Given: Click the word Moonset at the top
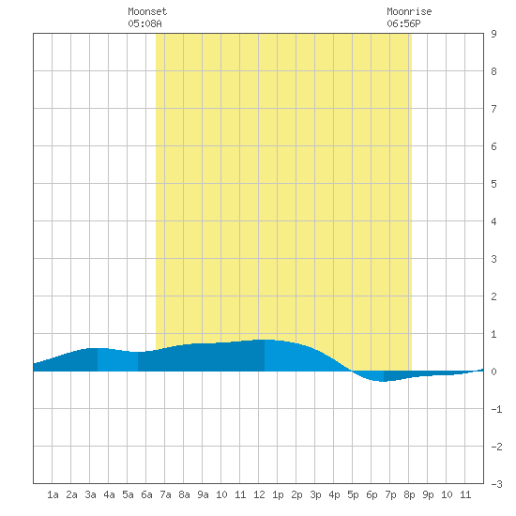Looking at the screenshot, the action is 147,11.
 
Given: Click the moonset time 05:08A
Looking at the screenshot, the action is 144,23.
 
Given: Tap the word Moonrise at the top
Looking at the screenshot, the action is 409,11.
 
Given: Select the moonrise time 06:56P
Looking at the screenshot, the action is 403,23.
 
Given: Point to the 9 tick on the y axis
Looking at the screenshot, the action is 493,34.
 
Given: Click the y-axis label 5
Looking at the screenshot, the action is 493,184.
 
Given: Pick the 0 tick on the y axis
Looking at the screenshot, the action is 493,372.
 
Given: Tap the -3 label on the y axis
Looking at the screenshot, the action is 496,484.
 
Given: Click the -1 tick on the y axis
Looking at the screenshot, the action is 496,409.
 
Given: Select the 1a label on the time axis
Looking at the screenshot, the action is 53,494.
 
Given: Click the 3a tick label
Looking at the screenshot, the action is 90,494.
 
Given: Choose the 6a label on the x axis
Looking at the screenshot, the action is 146,494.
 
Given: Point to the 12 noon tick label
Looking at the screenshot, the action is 259,494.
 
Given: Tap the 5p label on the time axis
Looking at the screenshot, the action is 353,494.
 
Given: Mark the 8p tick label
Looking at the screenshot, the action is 409,494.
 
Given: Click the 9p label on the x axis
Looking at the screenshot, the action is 428,494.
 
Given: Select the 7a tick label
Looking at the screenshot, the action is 165,494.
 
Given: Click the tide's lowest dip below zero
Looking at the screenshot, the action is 383,381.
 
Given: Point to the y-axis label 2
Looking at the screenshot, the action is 493,296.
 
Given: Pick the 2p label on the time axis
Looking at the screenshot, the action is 296,494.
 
